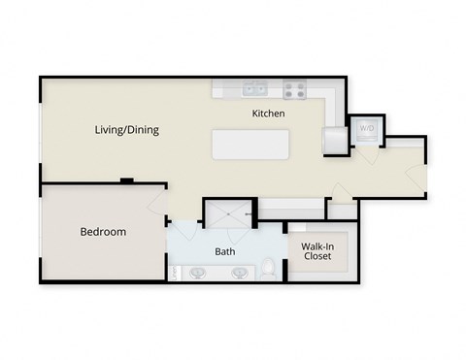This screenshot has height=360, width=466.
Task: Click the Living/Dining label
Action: (x=127, y=129)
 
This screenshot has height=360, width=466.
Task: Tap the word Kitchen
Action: (x=268, y=114)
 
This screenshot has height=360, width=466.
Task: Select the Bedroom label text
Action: (x=103, y=232)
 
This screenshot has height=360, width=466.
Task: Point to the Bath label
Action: (x=225, y=250)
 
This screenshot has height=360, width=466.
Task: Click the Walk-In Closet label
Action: (x=317, y=251)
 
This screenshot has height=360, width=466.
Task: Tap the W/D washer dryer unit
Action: (x=368, y=129)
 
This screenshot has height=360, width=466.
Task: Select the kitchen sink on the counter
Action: (x=256, y=89)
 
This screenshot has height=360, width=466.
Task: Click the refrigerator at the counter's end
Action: (x=333, y=141)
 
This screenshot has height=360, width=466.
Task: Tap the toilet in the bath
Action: (x=269, y=266)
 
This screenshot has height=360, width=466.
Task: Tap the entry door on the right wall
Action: (x=418, y=174)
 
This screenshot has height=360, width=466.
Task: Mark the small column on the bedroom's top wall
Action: (x=125, y=180)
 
